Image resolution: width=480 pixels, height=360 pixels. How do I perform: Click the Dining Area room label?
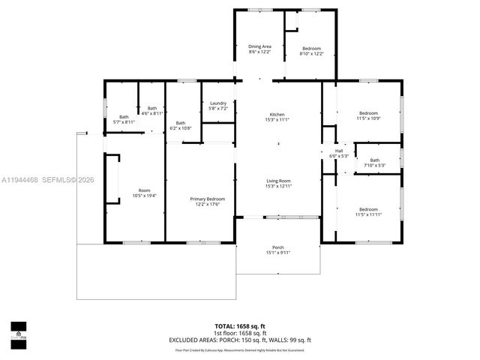[260, 49]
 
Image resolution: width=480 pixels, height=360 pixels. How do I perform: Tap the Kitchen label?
[277, 116]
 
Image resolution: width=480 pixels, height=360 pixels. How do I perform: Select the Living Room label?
[277, 183]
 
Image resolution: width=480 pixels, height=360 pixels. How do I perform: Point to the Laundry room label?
[218, 106]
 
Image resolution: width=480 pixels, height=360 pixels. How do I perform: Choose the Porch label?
[277, 250]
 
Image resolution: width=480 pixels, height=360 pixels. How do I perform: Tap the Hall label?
[339, 153]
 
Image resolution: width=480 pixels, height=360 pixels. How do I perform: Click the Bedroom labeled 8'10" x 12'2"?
[311, 51]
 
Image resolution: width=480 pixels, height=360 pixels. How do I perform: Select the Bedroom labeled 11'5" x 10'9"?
[368, 116]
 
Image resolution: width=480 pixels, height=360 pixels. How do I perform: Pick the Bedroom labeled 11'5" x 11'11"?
[368, 211]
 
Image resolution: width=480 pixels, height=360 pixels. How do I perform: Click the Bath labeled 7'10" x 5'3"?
[374, 162]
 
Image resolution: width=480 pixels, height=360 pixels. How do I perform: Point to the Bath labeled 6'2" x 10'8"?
[181, 125]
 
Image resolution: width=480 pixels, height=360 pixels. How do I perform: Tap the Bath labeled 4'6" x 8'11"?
[152, 110]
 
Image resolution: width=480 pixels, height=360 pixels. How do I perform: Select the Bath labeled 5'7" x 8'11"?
[124, 118]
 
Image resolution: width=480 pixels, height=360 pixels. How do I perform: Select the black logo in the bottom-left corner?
[19, 331]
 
